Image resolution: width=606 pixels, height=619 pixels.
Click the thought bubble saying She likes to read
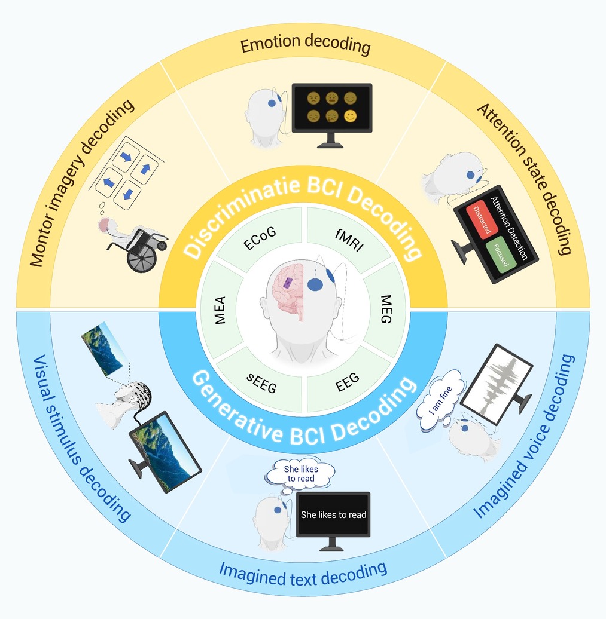tap(300, 473)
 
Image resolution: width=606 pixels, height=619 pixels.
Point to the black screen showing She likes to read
tap(333, 514)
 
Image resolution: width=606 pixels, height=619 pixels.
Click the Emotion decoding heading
tap(305, 47)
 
